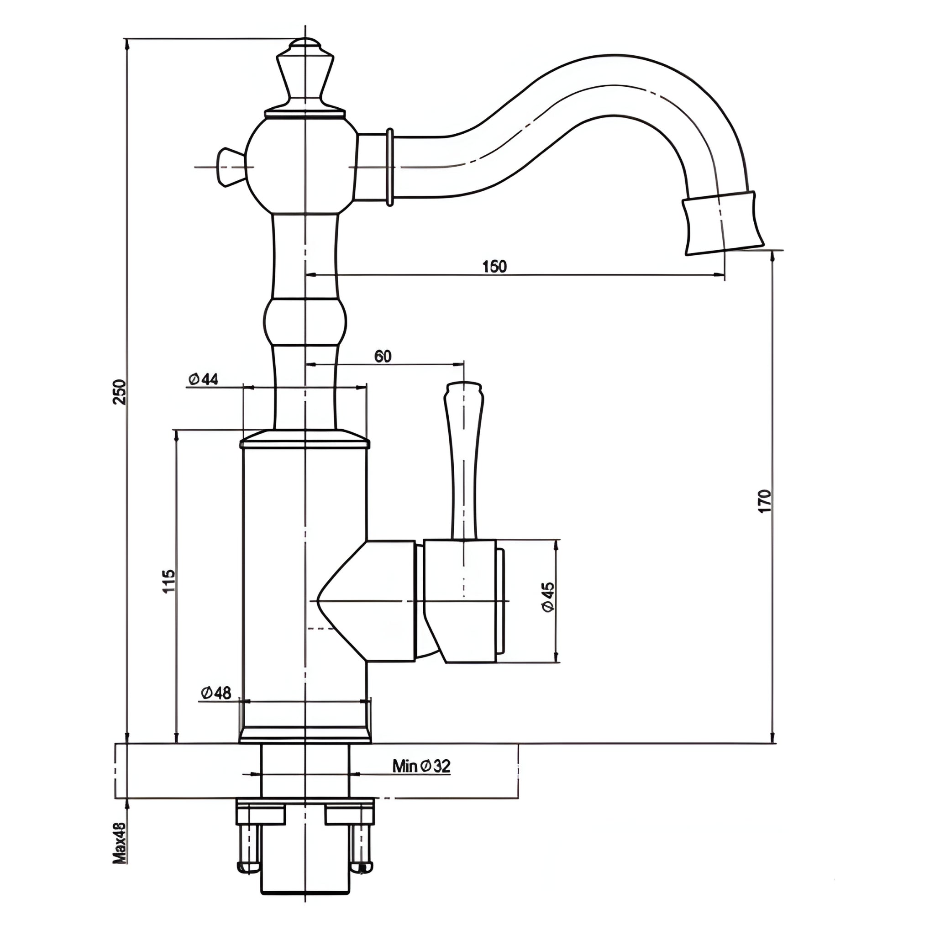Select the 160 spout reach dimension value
point(494,267)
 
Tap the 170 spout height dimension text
point(765,501)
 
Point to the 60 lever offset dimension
point(382,356)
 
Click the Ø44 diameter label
point(203,379)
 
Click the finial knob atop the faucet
point(305,73)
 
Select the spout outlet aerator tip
point(722,223)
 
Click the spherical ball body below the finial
point(301,164)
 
